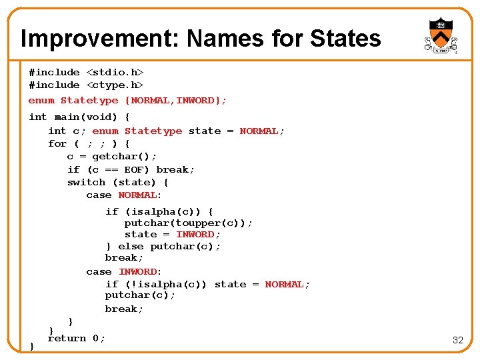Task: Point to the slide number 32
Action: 457,340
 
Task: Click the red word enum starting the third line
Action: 41,100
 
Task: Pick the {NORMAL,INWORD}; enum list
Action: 176,100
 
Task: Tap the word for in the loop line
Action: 57,143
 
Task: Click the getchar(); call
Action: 124,156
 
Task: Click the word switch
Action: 86,182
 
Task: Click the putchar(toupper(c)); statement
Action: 189,223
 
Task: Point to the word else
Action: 131,246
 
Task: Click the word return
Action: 67,338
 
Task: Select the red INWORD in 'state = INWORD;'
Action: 195,234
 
